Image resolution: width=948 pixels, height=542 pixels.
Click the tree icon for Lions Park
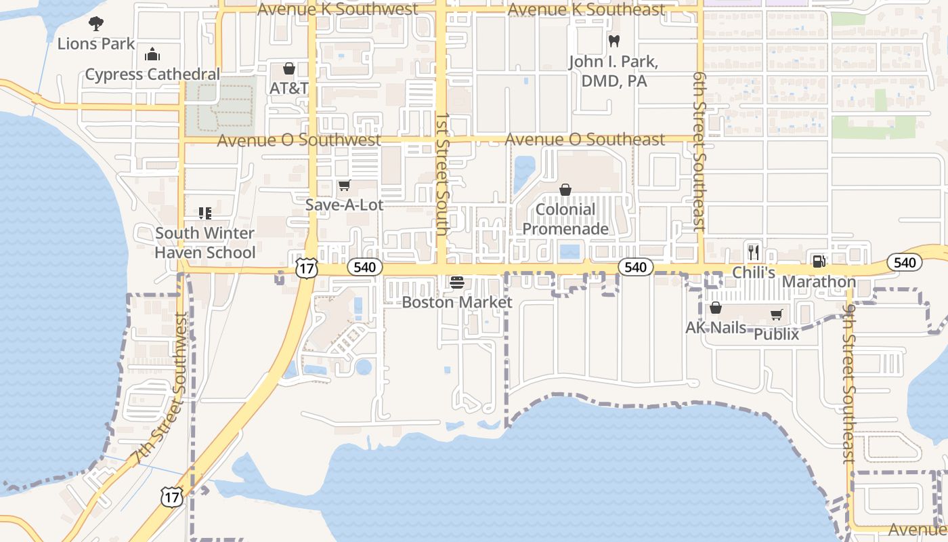[x=96, y=24]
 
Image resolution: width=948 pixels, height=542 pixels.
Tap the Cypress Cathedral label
[x=152, y=75]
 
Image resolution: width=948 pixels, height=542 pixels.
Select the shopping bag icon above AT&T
[x=289, y=69]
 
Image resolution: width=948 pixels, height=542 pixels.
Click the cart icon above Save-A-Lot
[x=344, y=186]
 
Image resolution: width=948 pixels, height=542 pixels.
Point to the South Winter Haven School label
[x=205, y=243]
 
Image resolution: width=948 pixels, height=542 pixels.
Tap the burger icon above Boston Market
[x=457, y=282]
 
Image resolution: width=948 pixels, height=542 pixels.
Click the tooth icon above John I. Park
[x=614, y=41]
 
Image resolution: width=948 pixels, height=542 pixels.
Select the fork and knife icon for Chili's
[x=754, y=252]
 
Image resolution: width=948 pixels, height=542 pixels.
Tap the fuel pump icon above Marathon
[x=819, y=262]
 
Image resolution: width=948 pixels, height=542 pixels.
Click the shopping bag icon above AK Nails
[x=716, y=308]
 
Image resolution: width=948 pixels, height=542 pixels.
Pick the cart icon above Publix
[x=776, y=315]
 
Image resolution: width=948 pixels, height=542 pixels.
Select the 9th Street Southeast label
[x=849, y=383]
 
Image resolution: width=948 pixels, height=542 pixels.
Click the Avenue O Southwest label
[x=299, y=140]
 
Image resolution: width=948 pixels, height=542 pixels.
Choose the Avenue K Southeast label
[x=586, y=9]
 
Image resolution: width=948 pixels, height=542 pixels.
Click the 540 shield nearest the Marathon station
[x=904, y=263]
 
